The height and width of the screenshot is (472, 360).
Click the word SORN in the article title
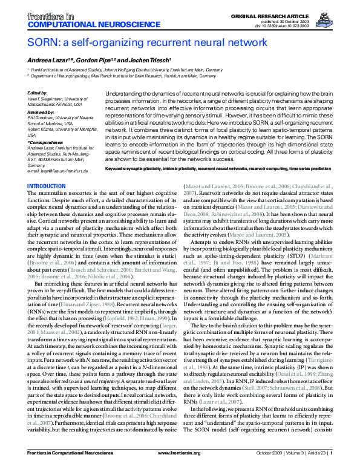click(42, 43)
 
